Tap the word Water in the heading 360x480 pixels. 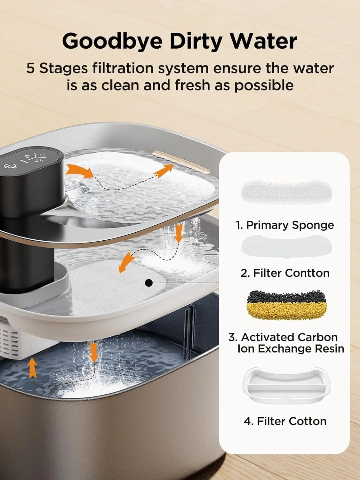point(264,41)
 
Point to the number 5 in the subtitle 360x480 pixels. point(30,68)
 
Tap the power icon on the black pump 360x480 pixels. point(8,166)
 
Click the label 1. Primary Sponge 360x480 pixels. point(285,225)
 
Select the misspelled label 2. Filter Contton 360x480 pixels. point(285,273)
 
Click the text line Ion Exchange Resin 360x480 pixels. point(291,348)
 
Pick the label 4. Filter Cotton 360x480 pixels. point(285,421)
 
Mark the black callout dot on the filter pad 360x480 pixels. point(148,283)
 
